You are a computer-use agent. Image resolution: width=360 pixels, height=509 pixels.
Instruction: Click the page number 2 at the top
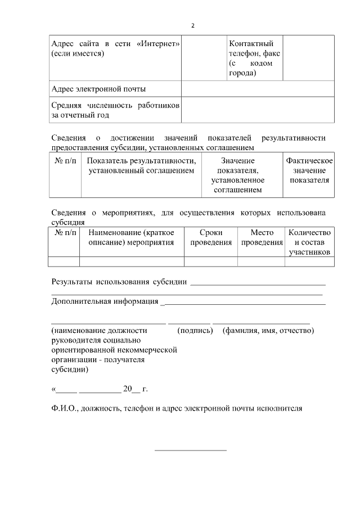193,26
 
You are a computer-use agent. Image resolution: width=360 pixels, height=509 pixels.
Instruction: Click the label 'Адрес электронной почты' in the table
98,89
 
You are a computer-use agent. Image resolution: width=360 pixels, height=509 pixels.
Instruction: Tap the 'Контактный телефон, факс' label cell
254,58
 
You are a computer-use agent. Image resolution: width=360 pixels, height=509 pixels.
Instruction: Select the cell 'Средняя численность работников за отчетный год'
115,110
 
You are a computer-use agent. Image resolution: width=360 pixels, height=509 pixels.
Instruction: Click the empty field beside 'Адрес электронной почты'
257,89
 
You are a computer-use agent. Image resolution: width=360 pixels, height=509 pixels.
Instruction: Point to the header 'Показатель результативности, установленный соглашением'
141,166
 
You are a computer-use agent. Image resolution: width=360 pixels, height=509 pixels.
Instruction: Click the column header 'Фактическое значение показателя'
309,170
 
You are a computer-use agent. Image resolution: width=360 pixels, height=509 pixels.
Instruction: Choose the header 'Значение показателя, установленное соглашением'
237,175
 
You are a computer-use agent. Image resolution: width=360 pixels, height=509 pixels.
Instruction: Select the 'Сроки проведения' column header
211,237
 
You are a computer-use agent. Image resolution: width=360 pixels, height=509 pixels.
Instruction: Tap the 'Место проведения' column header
262,237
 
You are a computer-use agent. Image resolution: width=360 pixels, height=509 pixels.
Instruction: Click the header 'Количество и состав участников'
309,242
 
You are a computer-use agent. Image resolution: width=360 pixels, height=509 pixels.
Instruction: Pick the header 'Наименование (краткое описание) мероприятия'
132,237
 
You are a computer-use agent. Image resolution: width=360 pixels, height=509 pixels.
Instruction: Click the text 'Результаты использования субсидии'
119,281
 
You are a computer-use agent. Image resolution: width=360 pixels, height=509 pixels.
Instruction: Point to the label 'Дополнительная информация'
105,301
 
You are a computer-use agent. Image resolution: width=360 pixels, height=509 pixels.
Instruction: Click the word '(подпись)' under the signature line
195,330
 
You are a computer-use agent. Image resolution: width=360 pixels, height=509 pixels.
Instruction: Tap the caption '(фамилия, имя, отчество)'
268,330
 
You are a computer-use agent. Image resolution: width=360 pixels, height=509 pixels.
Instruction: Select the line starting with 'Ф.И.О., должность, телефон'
177,409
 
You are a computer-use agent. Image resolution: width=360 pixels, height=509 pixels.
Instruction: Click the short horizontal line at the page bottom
190,451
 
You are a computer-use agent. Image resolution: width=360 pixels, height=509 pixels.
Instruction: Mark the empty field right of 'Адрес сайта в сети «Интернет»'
203,58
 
